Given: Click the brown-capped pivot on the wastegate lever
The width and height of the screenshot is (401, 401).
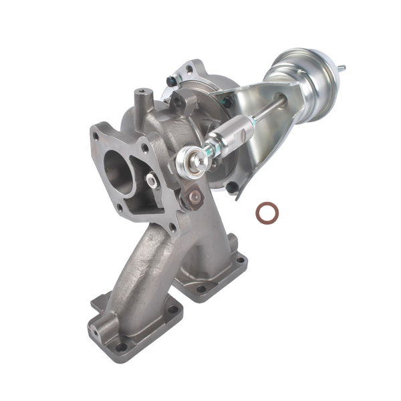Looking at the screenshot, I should tap(194, 196).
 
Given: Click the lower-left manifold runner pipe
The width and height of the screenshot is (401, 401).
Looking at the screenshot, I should tap(137, 267).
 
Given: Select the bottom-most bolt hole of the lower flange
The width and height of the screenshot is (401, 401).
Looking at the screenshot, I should tap(121, 346).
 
